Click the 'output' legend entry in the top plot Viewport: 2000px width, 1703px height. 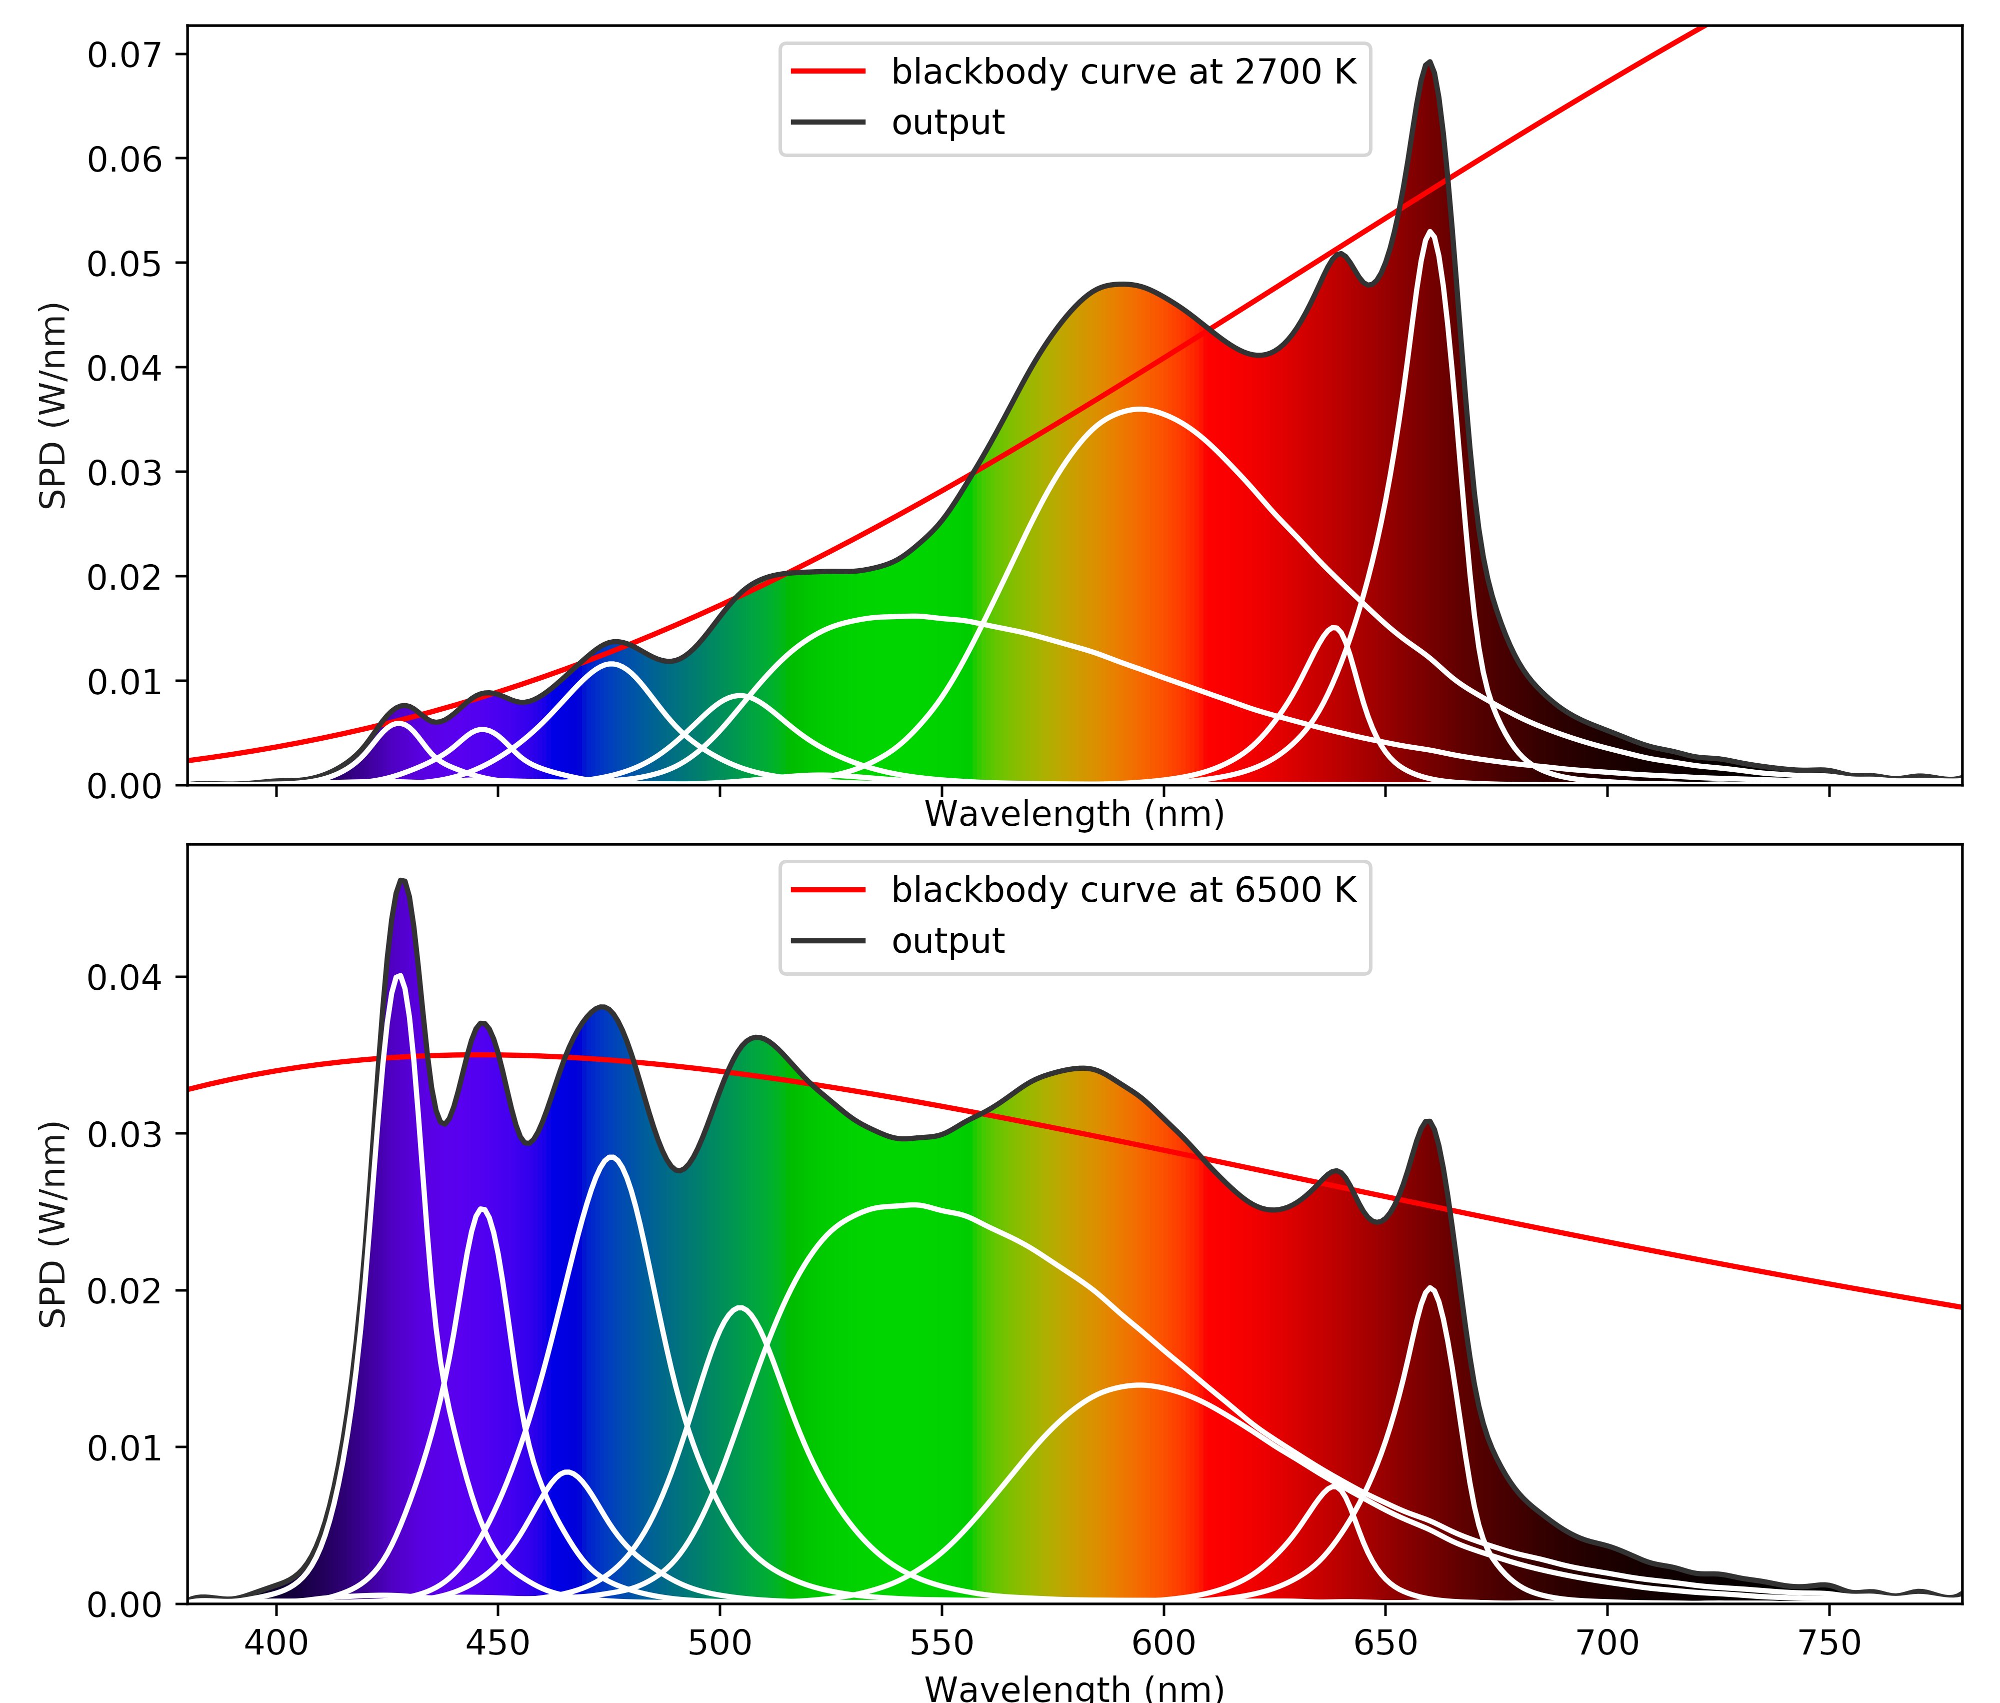[x=948, y=123]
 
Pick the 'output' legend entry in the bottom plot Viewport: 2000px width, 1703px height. [x=948, y=941]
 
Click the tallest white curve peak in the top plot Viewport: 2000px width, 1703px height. [x=1429, y=233]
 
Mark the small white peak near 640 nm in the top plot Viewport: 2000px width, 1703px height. [x=1334, y=629]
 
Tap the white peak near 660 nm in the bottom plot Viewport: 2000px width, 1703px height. [x=1429, y=1288]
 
